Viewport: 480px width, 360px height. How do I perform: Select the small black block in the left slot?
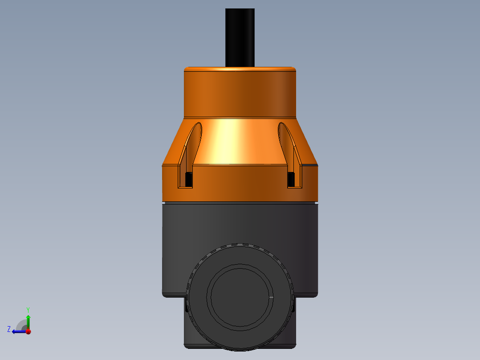click(x=188, y=180)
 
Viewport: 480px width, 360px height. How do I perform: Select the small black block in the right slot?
click(x=291, y=180)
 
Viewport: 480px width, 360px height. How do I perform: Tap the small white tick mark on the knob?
click(x=271, y=297)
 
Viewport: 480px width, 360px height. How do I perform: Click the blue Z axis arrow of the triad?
click(x=17, y=331)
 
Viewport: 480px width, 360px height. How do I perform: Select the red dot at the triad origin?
click(x=28, y=331)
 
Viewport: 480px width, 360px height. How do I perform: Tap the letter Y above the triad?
click(x=28, y=309)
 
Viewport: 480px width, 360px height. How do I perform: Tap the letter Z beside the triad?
click(x=9, y=329)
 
